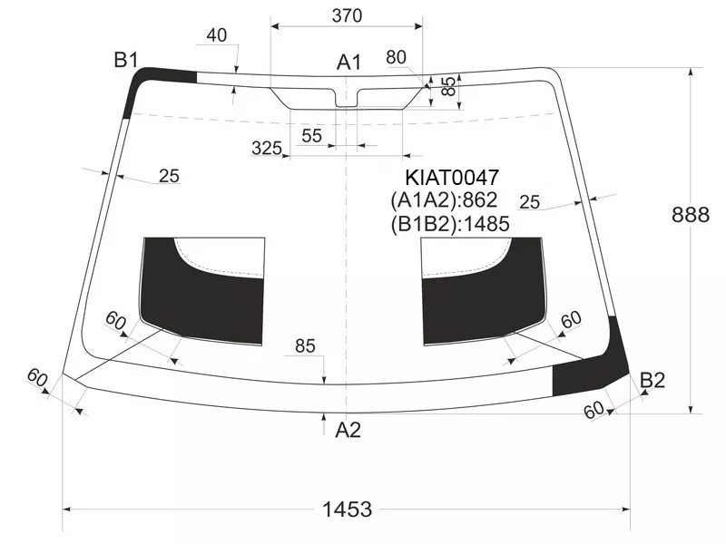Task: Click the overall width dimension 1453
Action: tap(348, 510)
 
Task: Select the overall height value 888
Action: tap(691, 215)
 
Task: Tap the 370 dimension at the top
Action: tap(347, 15)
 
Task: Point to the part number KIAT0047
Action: tap(452, 178)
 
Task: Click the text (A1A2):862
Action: tap(444, 200)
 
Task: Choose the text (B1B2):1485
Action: tap(449, 224)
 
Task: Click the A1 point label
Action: tap(349, 62)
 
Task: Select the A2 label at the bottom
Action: tap(348, 430)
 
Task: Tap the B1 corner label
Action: tap(125, 60)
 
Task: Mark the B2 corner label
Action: tap(652, 380)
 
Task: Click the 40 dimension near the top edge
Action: tap(217, 35)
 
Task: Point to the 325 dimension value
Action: tap(266, 148)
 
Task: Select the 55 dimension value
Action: tap(311, 135)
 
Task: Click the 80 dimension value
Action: tap(396, 57)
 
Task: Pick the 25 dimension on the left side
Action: tap(169, 176)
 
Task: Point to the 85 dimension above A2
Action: tap(305, 345)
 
